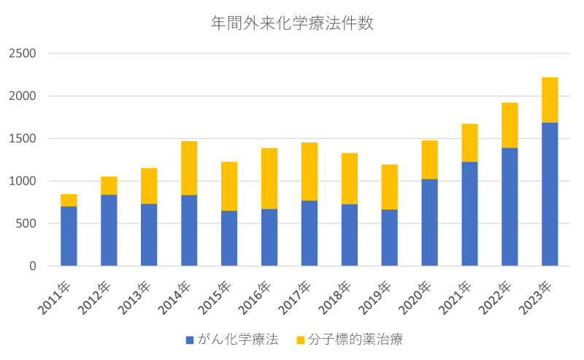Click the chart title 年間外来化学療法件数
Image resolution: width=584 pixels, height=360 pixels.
pyautogui.click(x=292, y=23)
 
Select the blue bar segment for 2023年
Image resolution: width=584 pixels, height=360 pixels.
pyautogui.click(x=550, y=194)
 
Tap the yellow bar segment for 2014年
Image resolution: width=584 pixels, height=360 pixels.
pyautogui.click(x=189, y=168)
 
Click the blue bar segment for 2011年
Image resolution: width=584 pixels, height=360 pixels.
pyautogui.click(x=69, y=236)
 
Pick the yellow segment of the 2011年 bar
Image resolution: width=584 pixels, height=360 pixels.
pyautogui.click(x=69, y=200)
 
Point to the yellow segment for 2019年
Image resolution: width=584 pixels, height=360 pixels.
pyautogui.click(x=389, y=187)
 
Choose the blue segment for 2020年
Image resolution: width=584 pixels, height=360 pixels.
pyautogui.click(x=429, y=222)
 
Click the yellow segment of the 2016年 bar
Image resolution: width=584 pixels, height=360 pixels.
pyautogui.click(x=269, y=178)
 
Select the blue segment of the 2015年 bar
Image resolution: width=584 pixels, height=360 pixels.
pyautogui.click(x=229, y=238)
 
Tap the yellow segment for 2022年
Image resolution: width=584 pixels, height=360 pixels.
pyautogui.click(x=510, y=125)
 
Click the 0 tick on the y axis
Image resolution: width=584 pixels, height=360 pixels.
pyautogui.click(x=32, y=266)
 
